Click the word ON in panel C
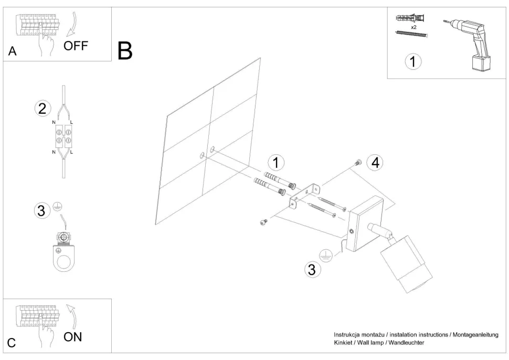[x=73, y=337]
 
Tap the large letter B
[x=125, y=50]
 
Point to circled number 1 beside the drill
[x=413, y=62]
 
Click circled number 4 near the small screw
[x=374, y=163]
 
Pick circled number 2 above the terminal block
[x=43, y=109]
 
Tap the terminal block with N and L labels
[x=63, y=136]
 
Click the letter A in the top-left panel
[x=12, y=51]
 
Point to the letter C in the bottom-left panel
[x=12, y=343]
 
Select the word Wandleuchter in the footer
[x=405, y=343]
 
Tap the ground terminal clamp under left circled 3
[x=63, y=252]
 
